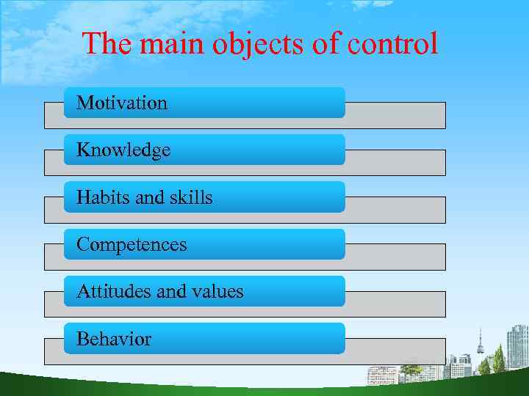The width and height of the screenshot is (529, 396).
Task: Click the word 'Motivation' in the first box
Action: [x=122, y=103]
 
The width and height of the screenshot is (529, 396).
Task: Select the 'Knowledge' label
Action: [x=123, y=150]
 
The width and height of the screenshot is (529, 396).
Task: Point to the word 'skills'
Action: [x=190, y=197]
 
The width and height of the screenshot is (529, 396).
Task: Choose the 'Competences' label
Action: [x=132, y=244]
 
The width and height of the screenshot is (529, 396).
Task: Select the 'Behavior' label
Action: [x=114, y=339]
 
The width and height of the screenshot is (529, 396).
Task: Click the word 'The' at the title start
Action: [x=107, y=44]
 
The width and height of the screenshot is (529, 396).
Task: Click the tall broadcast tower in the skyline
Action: [x=481, y=345]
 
